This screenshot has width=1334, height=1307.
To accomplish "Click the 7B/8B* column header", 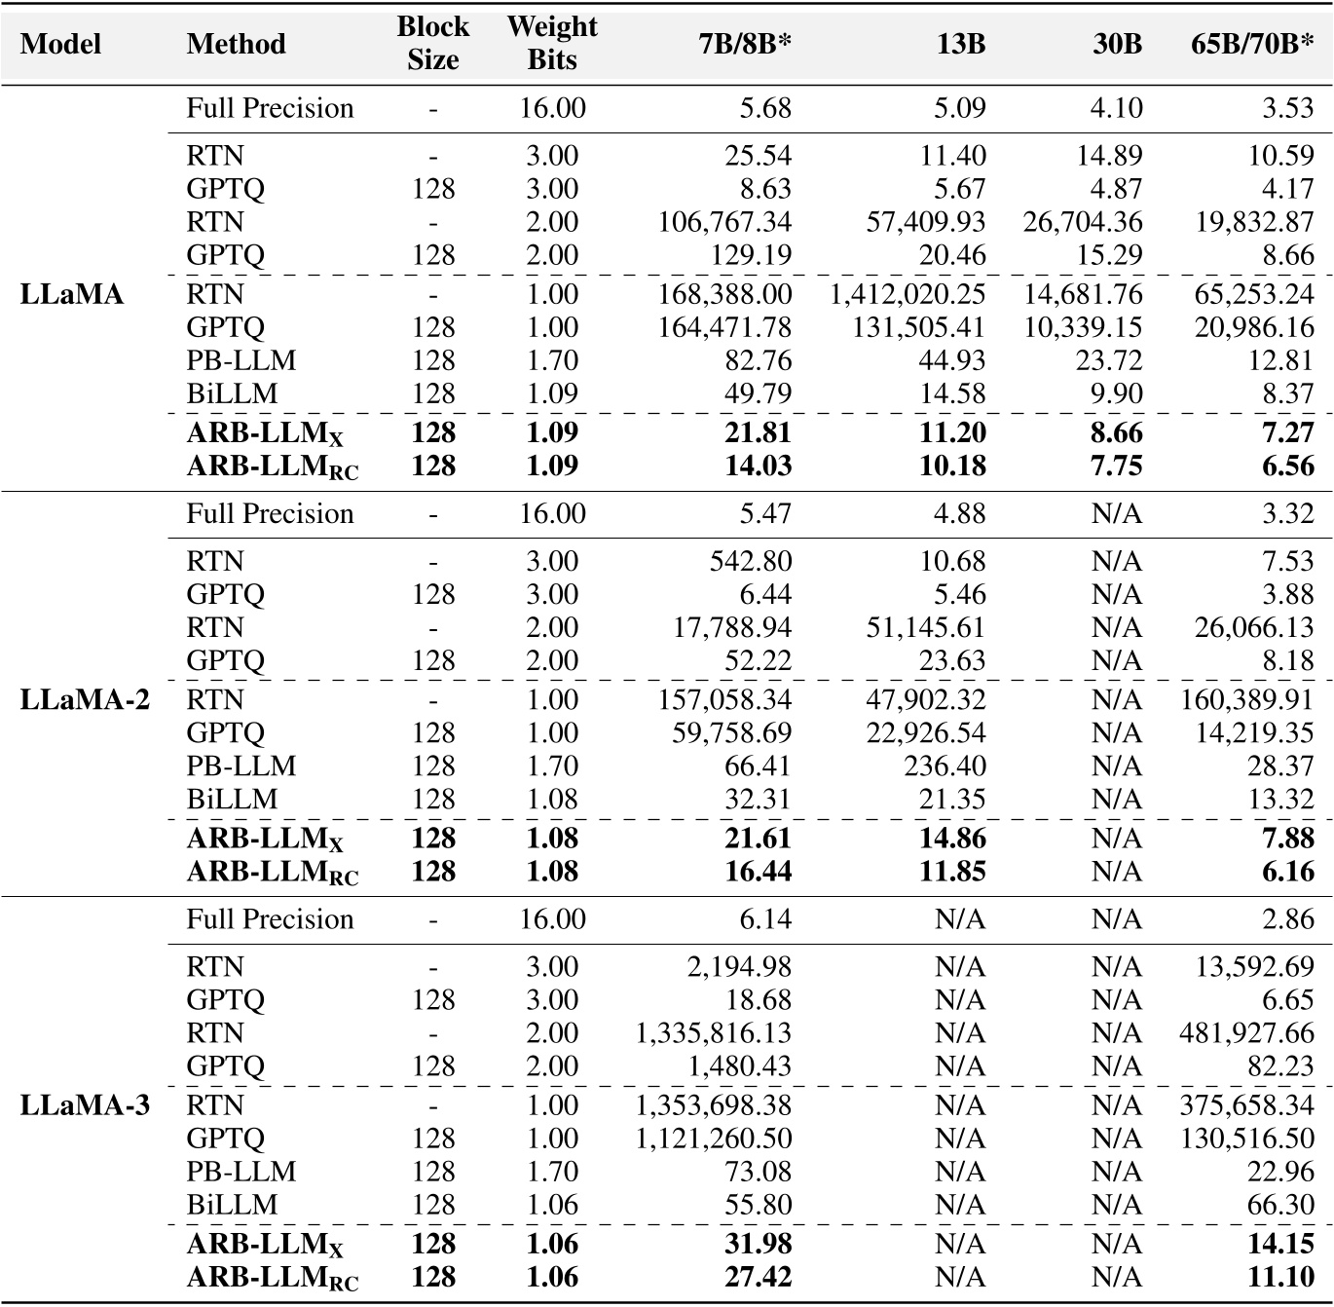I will point(744,44).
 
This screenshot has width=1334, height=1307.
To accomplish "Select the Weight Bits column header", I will point(551,43).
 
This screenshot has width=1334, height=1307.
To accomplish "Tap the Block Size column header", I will point(432,43).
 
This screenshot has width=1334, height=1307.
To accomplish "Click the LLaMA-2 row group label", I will point(85,699).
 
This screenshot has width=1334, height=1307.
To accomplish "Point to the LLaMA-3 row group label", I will point(85,1105).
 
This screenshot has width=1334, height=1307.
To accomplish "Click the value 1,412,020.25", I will point(908,294).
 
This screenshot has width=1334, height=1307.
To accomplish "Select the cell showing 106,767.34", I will point(724,222).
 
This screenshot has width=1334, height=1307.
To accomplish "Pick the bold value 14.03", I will point(758,466).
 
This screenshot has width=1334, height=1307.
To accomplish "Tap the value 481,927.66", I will point(1246,1032).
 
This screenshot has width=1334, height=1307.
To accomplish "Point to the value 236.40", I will point(945,766).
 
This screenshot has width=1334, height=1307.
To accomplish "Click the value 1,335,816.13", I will point(714,1032).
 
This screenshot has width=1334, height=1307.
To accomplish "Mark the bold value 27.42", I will point(758,1277).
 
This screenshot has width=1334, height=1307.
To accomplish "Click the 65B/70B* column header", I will point(1252,44).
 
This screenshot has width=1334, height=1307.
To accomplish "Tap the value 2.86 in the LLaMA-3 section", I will point(1288,919).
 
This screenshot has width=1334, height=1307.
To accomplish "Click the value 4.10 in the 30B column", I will point(1116,108).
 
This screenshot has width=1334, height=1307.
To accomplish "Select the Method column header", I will point(236,44).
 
